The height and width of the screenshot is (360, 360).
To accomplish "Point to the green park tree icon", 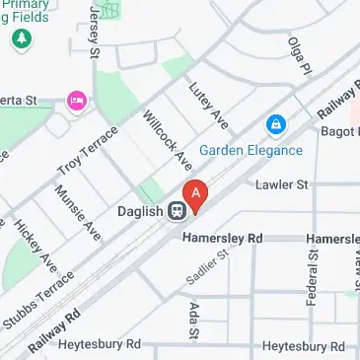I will pyautogui.click(x=20, y=40).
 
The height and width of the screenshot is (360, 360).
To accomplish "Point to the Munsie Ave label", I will pyautogui.click(x=78, y=213).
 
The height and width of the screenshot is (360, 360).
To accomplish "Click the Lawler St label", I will pyautogui.click(x=282, y=183).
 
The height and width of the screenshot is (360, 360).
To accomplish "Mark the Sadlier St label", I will pyautogui.click(x=208, y=268).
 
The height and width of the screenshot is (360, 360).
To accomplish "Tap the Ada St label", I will pyautogui.click(x=193, y=321).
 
